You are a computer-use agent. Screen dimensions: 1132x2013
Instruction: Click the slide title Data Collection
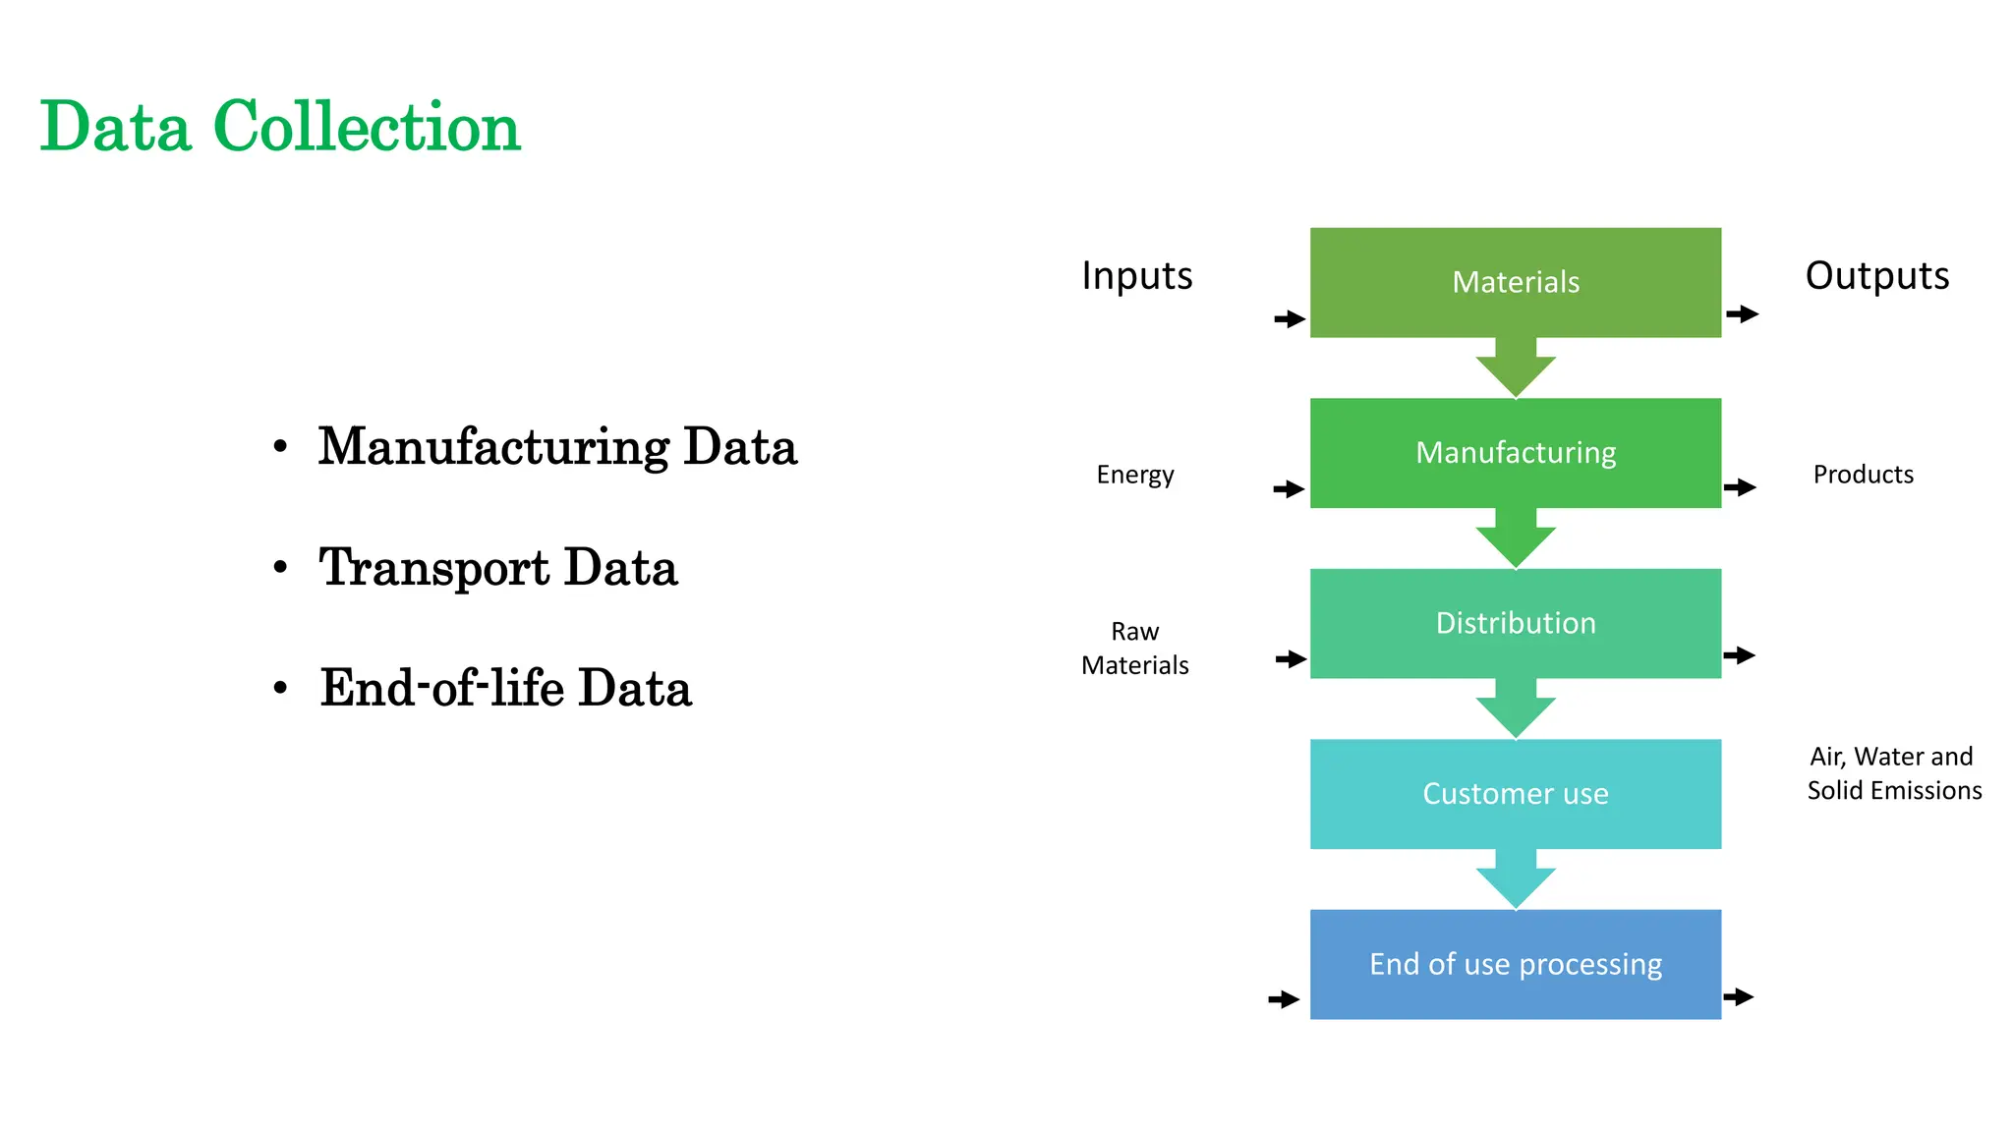click(280, 127)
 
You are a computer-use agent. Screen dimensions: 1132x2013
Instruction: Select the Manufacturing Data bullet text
click(556, 447)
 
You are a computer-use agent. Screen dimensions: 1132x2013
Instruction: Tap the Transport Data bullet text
click(497, 568)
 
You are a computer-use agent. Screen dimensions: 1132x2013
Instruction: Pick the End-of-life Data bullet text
click(505, 688)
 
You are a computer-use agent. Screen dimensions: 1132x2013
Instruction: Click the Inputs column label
click(1136, 276)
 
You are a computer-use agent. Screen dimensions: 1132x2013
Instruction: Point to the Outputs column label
click(1876, 276)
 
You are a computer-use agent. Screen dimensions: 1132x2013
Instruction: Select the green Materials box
click(1515, 282)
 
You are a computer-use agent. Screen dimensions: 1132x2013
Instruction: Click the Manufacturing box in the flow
click(1515, 452)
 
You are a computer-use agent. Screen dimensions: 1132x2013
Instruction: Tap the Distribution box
click(1515, 623)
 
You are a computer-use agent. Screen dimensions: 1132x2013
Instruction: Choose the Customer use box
click(1515, 794)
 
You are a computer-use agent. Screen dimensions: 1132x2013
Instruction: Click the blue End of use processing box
click(1515, 964)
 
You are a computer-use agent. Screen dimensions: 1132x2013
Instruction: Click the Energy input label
click(1134, 475)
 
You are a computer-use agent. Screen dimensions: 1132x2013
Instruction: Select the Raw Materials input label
click(1134, 649)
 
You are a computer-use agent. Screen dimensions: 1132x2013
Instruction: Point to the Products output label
click(1863, 475)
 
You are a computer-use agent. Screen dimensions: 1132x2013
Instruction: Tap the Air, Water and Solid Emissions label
click(1893, 773)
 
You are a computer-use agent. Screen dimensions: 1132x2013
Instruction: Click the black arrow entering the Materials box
click(1290, 318)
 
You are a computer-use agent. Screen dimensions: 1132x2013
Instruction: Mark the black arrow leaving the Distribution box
click(1739, 655)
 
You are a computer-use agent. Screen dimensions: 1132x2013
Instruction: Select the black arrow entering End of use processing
click(1284, 999)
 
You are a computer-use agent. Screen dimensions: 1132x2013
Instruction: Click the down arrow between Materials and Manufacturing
click(1515, 369)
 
